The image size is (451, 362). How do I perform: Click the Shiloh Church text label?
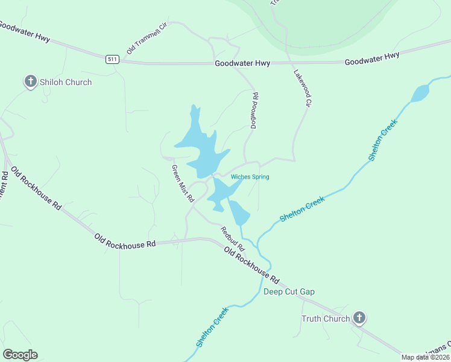[x=66, y=82]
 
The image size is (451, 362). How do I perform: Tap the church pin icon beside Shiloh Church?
[x=31, y=81]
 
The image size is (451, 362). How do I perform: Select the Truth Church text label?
[x=326, y=319]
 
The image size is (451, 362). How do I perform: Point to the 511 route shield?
[x=112, y=59]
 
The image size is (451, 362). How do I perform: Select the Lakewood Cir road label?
[x=301, y=87]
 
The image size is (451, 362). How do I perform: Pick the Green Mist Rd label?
[x=182, y=183]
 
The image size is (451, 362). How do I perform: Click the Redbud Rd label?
[x=232, y=239]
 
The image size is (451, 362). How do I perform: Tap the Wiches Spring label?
[x=250, y=177]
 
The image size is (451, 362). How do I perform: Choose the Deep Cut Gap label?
[x=289, y=292]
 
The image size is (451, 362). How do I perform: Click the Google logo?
[x=20, y=355]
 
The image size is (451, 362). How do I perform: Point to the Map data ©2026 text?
[x=426, y=357]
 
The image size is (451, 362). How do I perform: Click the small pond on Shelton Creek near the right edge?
[x=420, y=93]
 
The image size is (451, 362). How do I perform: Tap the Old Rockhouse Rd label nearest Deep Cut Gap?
[x=252, y=265]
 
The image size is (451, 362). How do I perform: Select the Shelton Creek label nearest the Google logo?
[x=212, y=327]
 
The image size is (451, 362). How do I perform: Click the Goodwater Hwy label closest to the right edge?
[x=372, y=59]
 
